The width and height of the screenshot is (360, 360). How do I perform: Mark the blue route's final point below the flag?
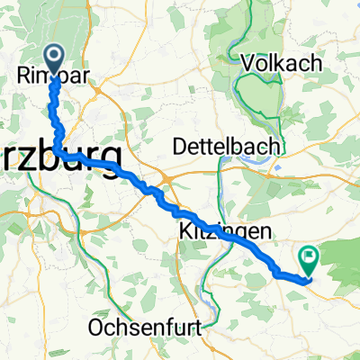307,278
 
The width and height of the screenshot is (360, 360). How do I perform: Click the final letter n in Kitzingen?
265,232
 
